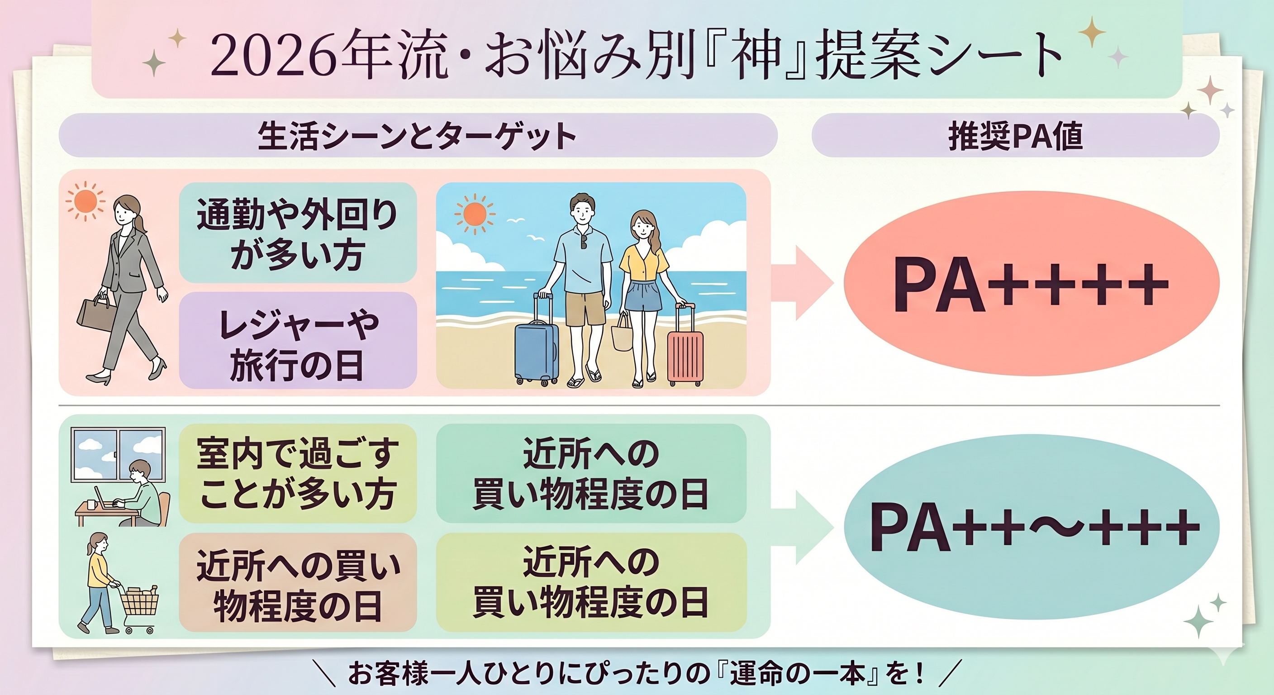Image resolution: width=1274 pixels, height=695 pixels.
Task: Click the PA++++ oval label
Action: pos(1031,283)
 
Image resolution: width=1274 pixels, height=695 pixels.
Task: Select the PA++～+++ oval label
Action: pos(1031,527)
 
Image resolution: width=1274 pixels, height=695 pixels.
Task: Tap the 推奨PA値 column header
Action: pos(1015,136)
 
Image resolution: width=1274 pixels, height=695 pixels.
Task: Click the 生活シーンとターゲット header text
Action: pos(417,136)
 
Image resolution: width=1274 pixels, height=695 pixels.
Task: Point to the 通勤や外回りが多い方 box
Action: pos(298,233)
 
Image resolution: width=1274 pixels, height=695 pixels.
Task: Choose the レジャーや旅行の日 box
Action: pos(298,340)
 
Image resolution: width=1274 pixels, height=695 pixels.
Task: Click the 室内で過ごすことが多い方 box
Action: pos(298,473)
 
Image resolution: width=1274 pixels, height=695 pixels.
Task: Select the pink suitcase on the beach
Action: pos(685,346)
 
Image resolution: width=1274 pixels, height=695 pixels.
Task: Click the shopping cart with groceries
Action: pos(139,607)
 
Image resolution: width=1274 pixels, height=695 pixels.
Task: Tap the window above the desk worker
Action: pos(118,456)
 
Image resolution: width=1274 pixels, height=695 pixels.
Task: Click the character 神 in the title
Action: pos(757,55)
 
